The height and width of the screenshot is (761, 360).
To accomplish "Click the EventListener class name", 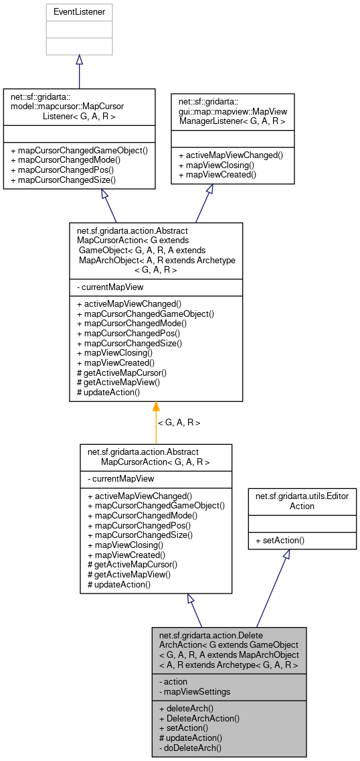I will [79, 11].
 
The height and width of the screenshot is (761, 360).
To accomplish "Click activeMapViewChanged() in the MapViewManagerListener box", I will [230, 155].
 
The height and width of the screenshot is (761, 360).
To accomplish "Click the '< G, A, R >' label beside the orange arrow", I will [179, 423].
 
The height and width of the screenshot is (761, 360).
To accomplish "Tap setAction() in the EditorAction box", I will [280, 539].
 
